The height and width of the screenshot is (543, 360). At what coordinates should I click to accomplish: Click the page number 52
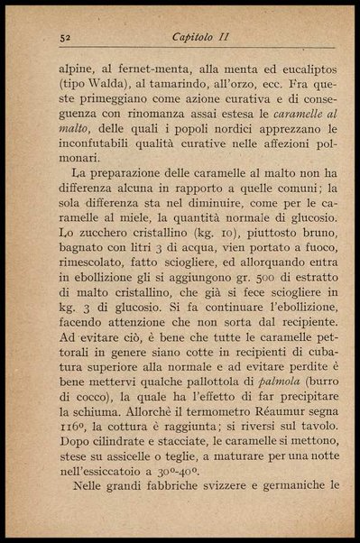point(64,37)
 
